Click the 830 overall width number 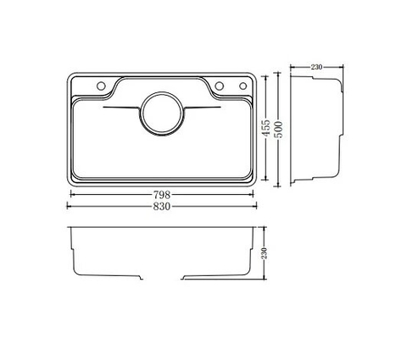coord(161,207)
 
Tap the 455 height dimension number coord(266,130)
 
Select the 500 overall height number coord(278,130)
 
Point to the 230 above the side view coord(317,67)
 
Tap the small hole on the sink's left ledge coord(102,86)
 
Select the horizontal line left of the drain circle coord(120,111)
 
